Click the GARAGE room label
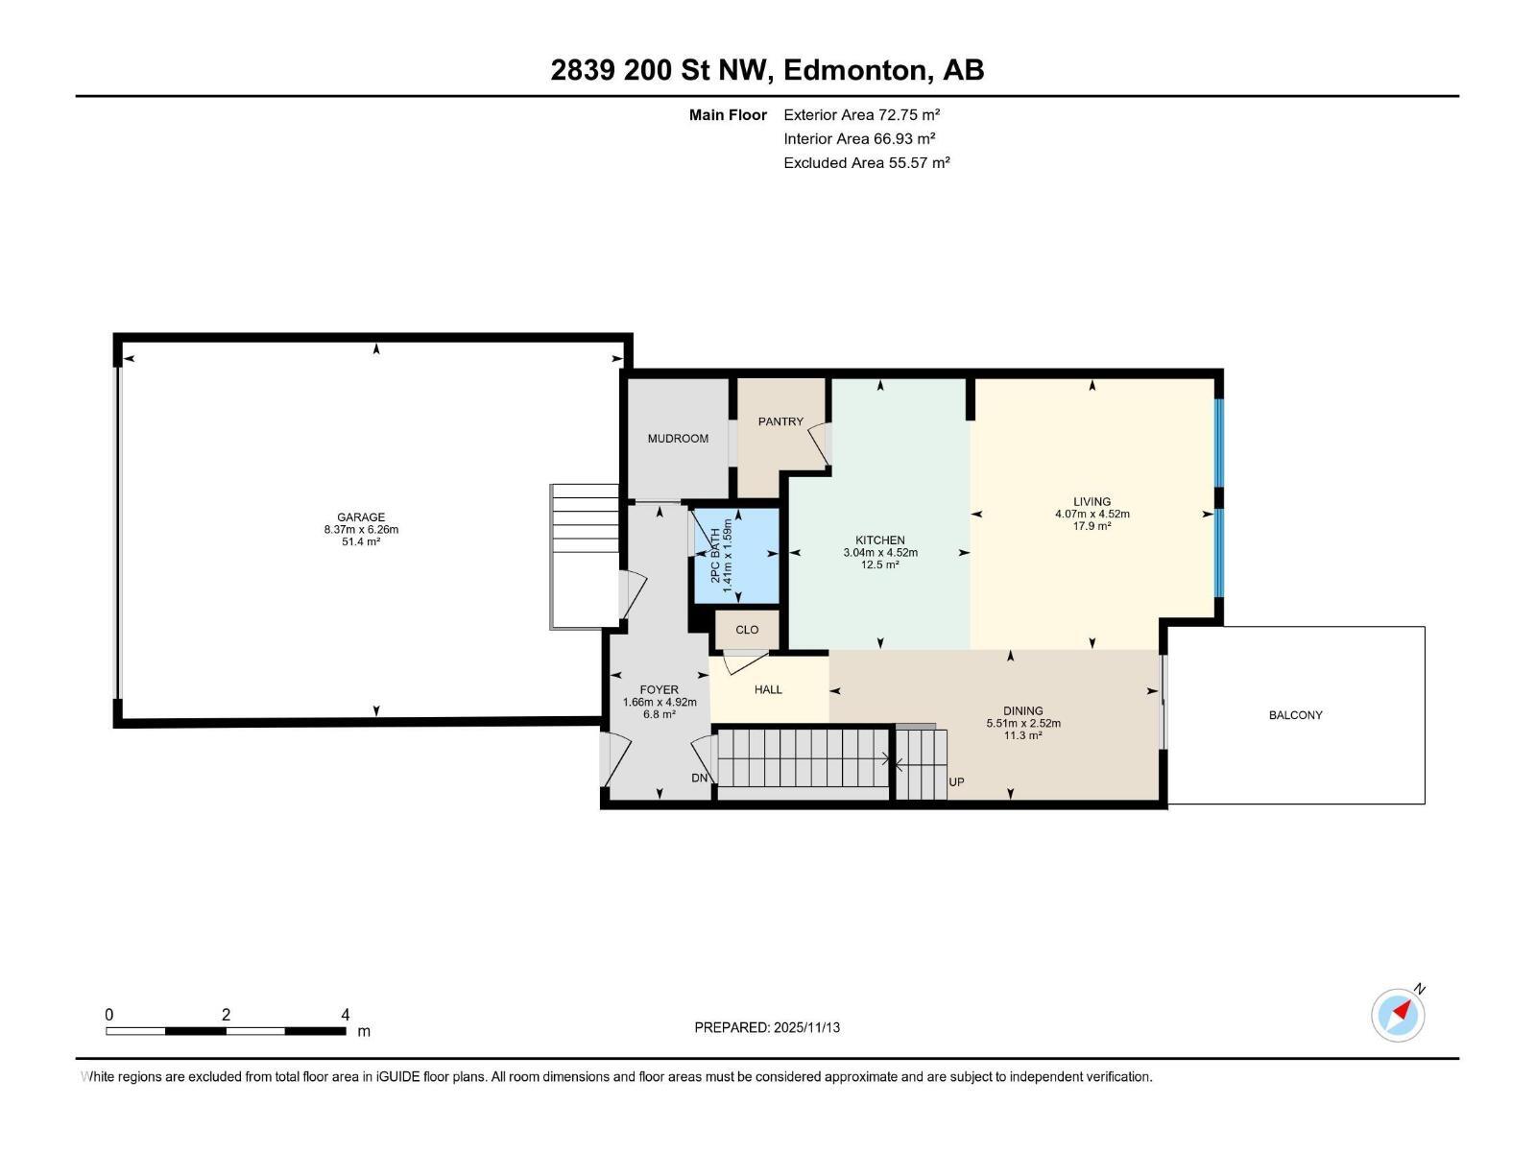(x=361, y=517)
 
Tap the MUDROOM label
(x=678, y=439)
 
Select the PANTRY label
(x=780, y=421)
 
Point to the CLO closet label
(x=747, y=630)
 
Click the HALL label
(x=768, y=689)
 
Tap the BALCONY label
(x=1295, y=715)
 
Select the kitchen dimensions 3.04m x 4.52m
(x=880, y=553)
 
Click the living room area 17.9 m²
(x=1092, y=526)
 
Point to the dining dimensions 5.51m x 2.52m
(x=1023, y=724)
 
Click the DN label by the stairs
(x=700, y=778)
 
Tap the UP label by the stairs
(x=956, y=782)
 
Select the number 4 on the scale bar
(x=345, y=1015)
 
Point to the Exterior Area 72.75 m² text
(x=861, y=114)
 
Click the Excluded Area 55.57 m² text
(x=866, y=163)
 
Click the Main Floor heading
(x=728, y=115)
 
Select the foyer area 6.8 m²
(x=659, y=714)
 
